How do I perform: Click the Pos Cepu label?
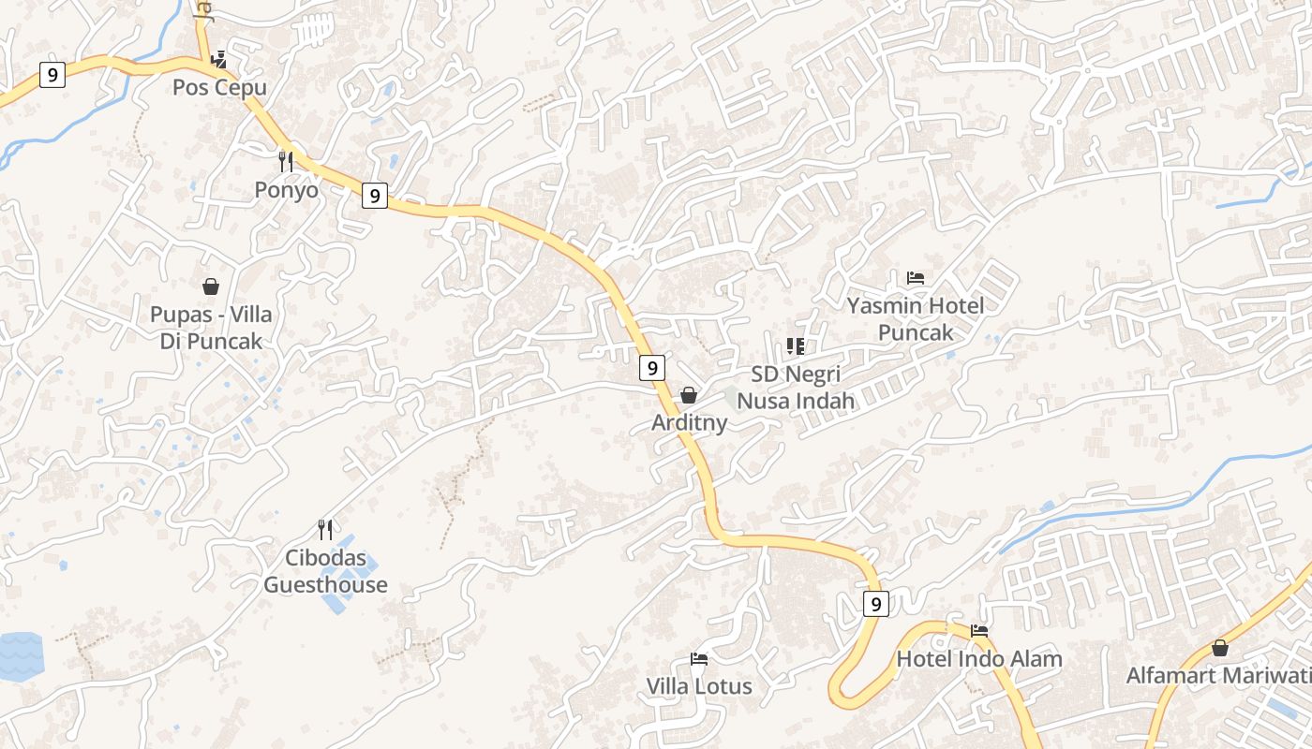click(x=219, y=88)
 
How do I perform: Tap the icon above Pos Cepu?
click(x=219, y=60)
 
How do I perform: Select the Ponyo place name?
click(x=286, y=190)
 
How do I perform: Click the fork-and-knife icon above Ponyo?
click(x=286, y=161)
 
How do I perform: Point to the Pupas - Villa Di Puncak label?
click(x=211, y=328)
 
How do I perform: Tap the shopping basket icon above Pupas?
click(x=211, y=286)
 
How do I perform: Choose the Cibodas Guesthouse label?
click(x=325, y=571)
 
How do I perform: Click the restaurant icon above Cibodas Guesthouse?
click(x=325, y=529)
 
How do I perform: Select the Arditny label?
click(x=689, y=423)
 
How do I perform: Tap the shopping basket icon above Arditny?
click(x=689, y=395)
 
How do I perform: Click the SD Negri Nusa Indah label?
click(x=796, y=388)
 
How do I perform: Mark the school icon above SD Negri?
click(x=796, y=346)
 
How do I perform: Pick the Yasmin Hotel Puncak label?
click(x=916, y=319)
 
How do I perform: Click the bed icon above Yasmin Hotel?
click(x=916, y=278)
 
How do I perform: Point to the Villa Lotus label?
click(x=699, y=686)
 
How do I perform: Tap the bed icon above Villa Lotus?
click(x=699, y=658)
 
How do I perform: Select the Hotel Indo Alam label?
click(x=979, y=659)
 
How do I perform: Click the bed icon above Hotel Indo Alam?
click(x=979, y=630)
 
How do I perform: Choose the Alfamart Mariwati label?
click(x=1218, y=676)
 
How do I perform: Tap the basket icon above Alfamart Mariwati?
click(x=1219, y=648)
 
